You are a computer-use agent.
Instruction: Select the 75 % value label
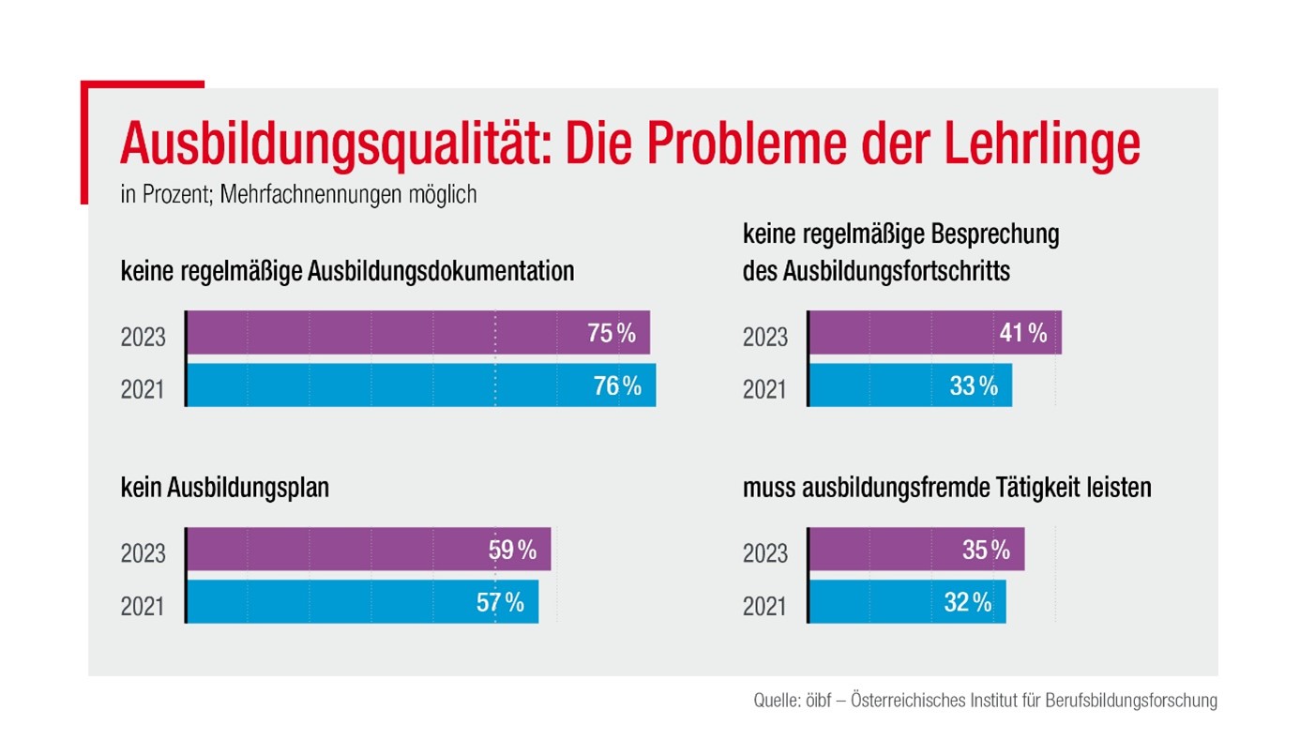tap(612, 332)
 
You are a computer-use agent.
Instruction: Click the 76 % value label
tap(617, 385)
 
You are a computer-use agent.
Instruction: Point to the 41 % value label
tap(1022, 332)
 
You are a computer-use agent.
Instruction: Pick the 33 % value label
tap(974, 385)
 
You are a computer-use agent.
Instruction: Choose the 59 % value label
tap(512, 550)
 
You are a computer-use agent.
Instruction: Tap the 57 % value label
tap(500, 602)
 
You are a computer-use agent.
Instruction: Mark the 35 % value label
tap(986, 550)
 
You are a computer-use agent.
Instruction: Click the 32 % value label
tap(967, 602)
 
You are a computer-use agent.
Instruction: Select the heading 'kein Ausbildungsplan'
tap(224, 489)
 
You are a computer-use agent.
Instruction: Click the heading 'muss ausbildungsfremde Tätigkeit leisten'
tap(946, 489)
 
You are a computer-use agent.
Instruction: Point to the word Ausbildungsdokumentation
tap(440, 272)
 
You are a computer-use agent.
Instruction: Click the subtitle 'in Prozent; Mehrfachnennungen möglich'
tap(298, 195)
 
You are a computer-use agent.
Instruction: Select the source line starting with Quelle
tap(985, 701)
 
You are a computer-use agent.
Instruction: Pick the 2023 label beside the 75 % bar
tap(143, 335)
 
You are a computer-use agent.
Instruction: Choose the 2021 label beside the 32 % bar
tap(764, 606)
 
